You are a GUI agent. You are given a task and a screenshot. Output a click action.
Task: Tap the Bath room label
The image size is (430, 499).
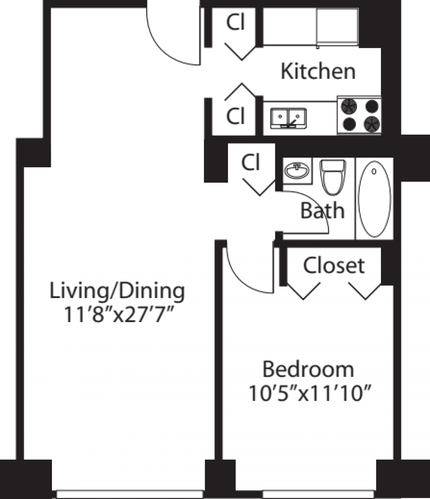coord(322,211)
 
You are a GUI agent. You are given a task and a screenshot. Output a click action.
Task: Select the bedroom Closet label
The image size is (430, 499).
coord(334,265)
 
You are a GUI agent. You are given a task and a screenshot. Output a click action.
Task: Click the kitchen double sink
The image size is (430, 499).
coord(288,118)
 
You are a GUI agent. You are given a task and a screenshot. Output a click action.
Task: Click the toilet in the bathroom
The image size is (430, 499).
coord(333,176)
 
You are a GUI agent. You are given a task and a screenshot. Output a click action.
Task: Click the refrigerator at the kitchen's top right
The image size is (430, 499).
coord(338,27)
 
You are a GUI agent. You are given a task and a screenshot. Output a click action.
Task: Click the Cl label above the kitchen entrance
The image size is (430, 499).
coord(235,23)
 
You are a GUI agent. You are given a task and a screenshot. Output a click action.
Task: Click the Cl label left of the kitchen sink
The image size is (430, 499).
coord(235,116)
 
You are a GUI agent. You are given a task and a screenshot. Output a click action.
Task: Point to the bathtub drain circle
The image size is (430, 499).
coord(374,172)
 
